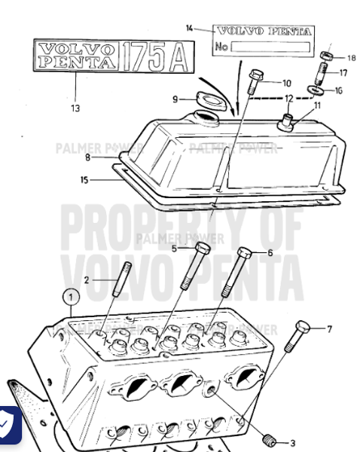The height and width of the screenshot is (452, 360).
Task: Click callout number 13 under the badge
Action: pyautogui.click(x=74, y=108)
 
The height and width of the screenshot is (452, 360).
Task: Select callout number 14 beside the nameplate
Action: pyautogui.click(x=190, y=29)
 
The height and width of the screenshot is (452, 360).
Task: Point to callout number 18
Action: pyautogui.click(x=351, y=57)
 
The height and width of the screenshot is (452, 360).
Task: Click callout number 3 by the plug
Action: pyautogui.click(x=292, y=442)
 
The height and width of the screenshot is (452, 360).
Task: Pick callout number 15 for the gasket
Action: pyautogui.click(x=84, y=179)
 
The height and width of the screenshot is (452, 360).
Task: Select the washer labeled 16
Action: pyautogui.click(x=319, y=90)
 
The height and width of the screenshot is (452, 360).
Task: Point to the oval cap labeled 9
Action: pyautogui.click(x=205, y=98)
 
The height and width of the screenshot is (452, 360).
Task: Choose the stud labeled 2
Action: pyautogui.click(x=118, y=289)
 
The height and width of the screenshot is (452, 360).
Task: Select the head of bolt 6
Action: pyautogui.click(x=243, y=253)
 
